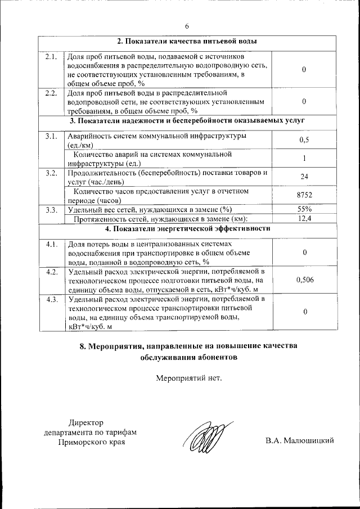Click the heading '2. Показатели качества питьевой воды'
[x=187, y=42]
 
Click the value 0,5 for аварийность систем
[x=304, y=140]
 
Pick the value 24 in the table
[x=304, y=177]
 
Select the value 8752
[x=304, y=195]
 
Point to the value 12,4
[x=304, y=219]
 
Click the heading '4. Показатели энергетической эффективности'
[x=187, y=229]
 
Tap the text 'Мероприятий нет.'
[x=188, y=377]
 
